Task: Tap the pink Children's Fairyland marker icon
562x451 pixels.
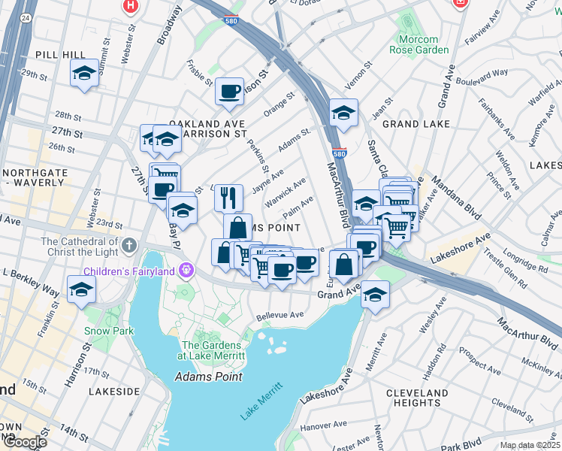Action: pos(186,271)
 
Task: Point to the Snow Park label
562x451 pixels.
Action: pos(109,331)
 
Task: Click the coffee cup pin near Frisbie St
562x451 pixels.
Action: pos(229,92)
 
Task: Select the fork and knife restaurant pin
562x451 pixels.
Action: pos(228,198)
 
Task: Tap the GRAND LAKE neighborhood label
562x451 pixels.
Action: pos(416,123)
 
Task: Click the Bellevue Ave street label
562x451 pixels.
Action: pos(279,315)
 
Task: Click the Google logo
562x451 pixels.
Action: pos(24,442)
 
